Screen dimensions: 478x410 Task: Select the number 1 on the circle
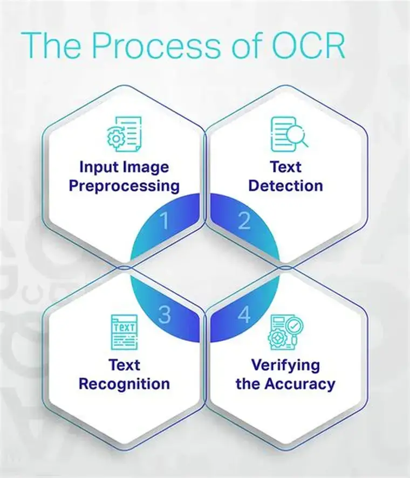click(x=165, y=221)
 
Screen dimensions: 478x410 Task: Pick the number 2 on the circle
click(x=244, y=221)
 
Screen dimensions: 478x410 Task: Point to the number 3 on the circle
click(x=165, y=315)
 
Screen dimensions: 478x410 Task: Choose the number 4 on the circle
click(x=244, y=315)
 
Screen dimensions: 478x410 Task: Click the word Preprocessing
click(x=125, y=186)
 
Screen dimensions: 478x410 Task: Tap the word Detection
click(x=286, y=186)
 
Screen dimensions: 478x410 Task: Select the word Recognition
click(x=125, y=384)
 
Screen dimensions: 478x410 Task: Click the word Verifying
click(x=286, y=365)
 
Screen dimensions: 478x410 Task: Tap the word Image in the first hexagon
click(x=146, y=167)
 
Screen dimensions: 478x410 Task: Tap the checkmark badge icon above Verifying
click(x=295, y=325)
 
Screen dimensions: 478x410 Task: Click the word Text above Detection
click(x=286, y=167)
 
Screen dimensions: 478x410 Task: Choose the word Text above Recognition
click(x=125, y=365)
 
